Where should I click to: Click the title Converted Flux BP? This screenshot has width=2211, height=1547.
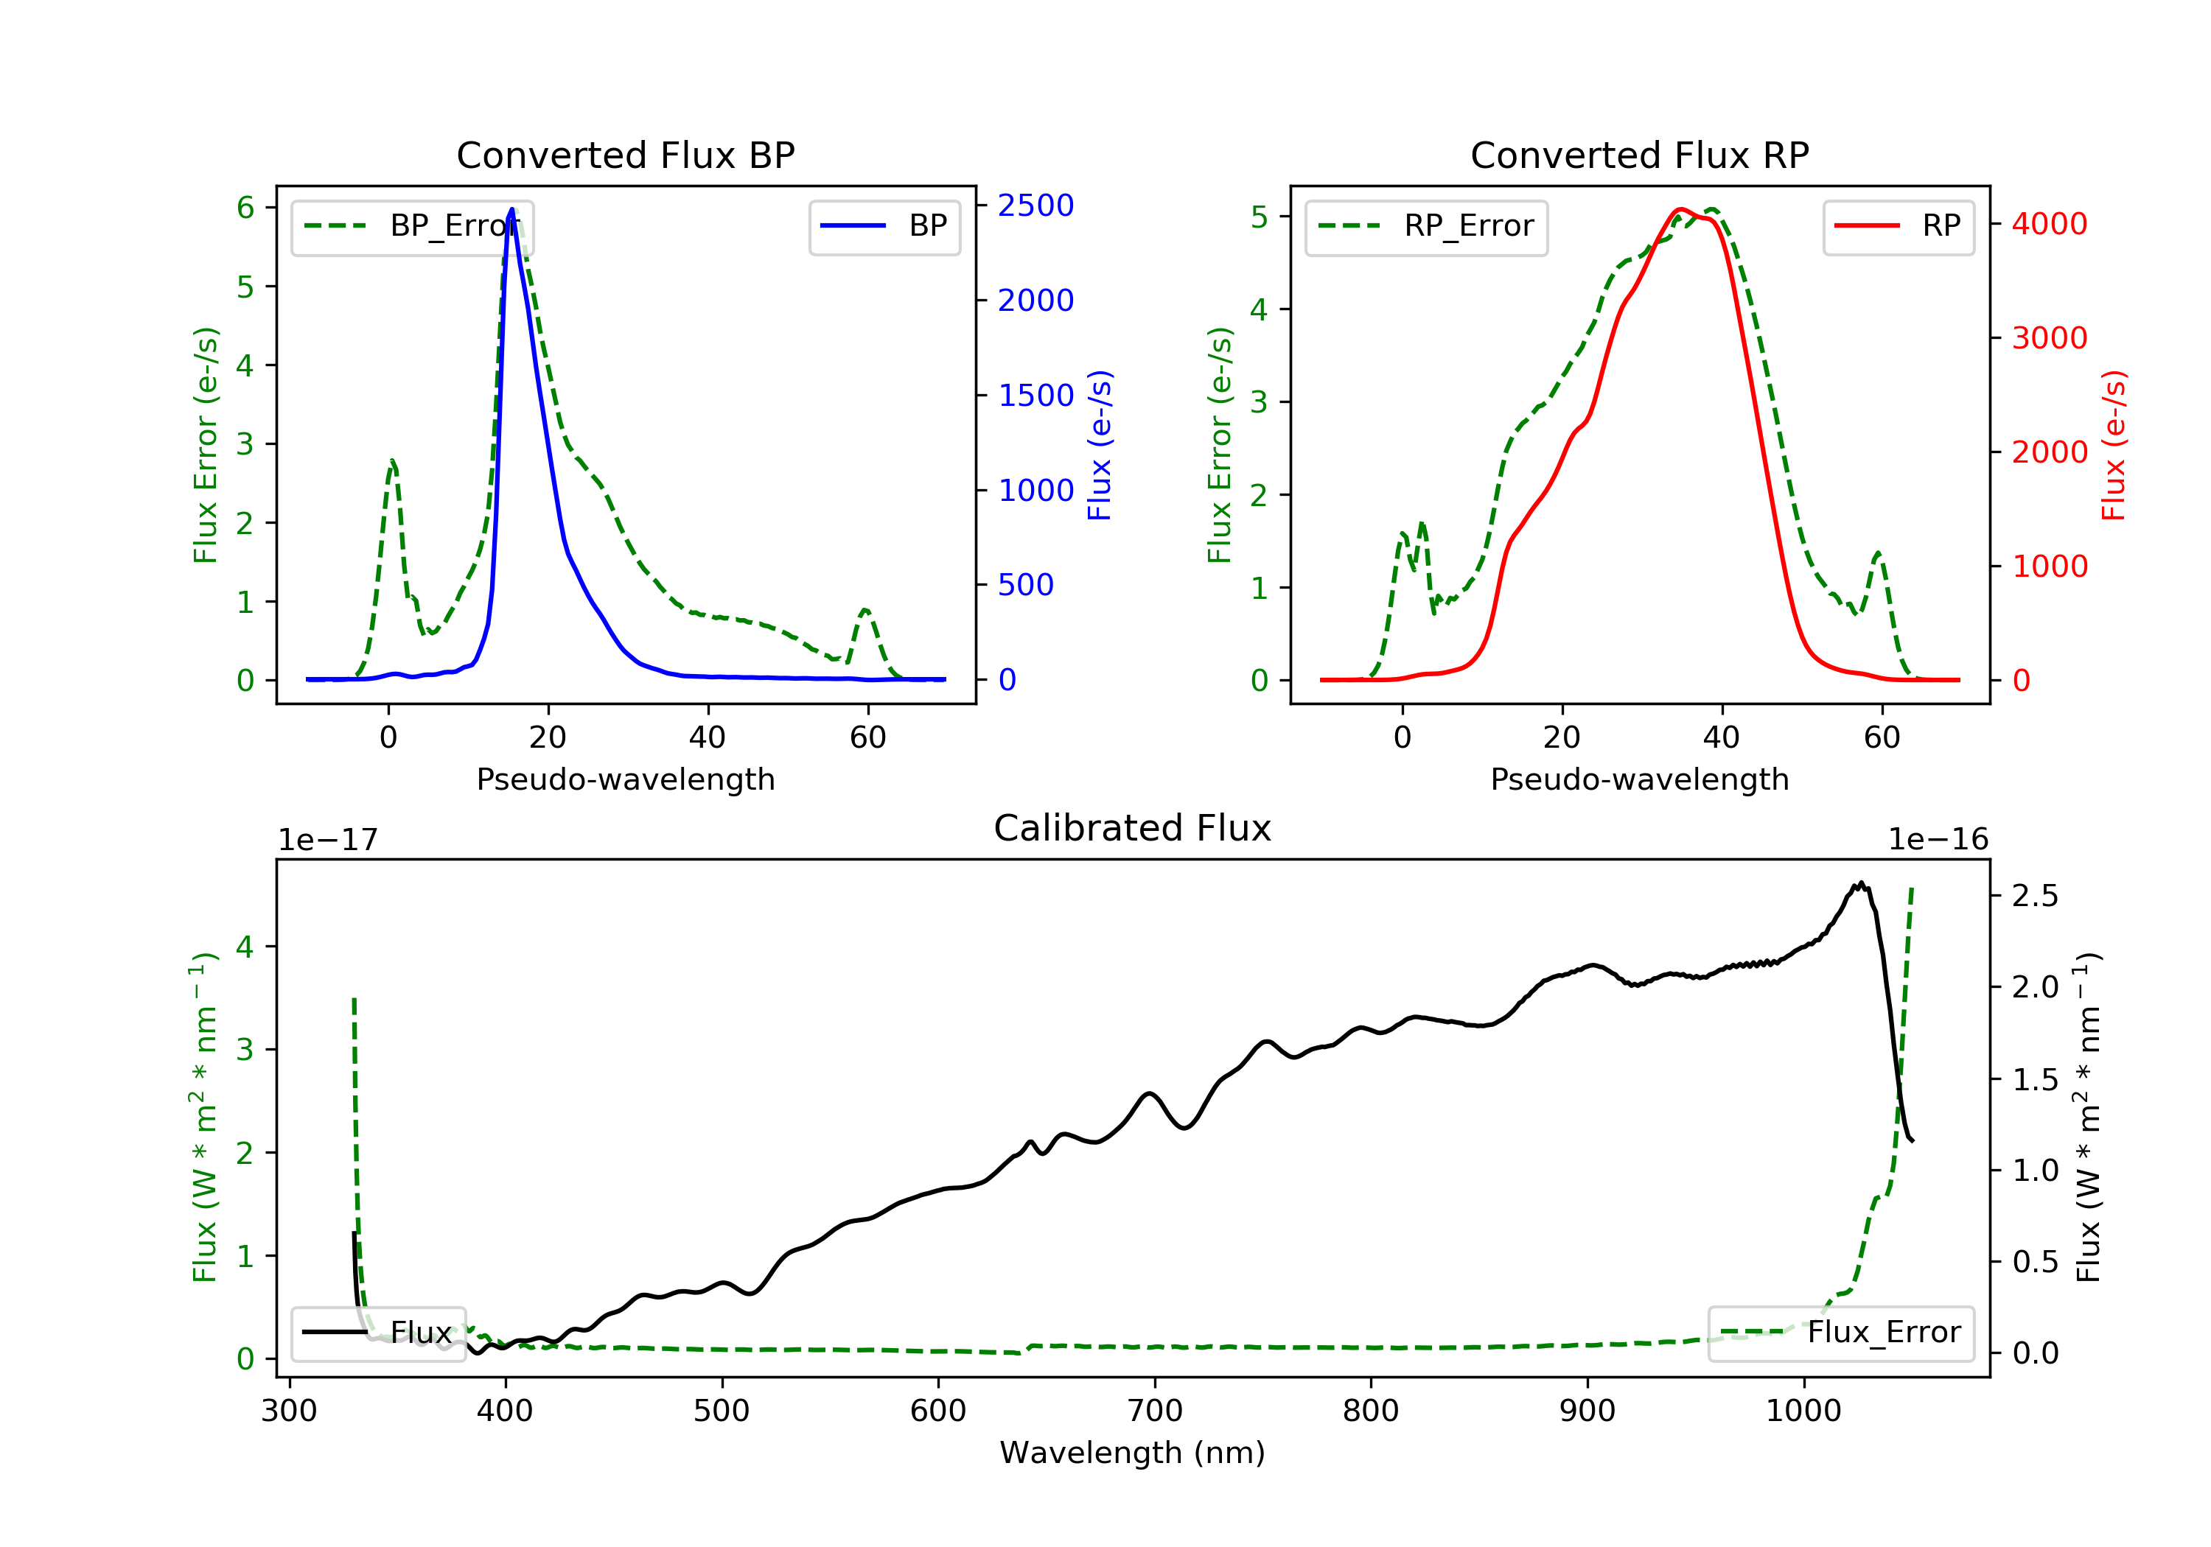point(625,155)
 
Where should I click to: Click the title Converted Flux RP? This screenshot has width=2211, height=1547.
point(1639,155)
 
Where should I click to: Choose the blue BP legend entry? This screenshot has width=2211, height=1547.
point(884,226)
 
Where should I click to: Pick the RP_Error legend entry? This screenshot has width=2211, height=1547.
point(1425,226)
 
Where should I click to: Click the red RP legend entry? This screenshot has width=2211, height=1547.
point(1898,226)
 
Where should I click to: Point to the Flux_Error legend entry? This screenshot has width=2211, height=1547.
point(1840,1333)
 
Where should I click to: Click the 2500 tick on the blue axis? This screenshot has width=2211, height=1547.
point(1035,205)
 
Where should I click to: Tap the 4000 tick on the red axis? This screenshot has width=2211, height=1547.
point(2049,223)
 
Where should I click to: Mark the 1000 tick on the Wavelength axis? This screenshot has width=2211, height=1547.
point(1803,1411)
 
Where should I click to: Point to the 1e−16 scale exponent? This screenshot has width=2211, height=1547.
point(1938,840)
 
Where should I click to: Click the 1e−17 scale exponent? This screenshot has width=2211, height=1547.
point(327,840)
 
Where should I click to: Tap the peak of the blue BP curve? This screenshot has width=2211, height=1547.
point(511,209)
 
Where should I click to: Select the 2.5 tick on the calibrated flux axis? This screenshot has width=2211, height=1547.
point(2035,897)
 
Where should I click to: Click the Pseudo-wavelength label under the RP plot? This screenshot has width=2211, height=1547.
point(1639,779)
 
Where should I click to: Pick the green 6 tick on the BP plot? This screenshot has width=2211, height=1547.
point(245,208)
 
